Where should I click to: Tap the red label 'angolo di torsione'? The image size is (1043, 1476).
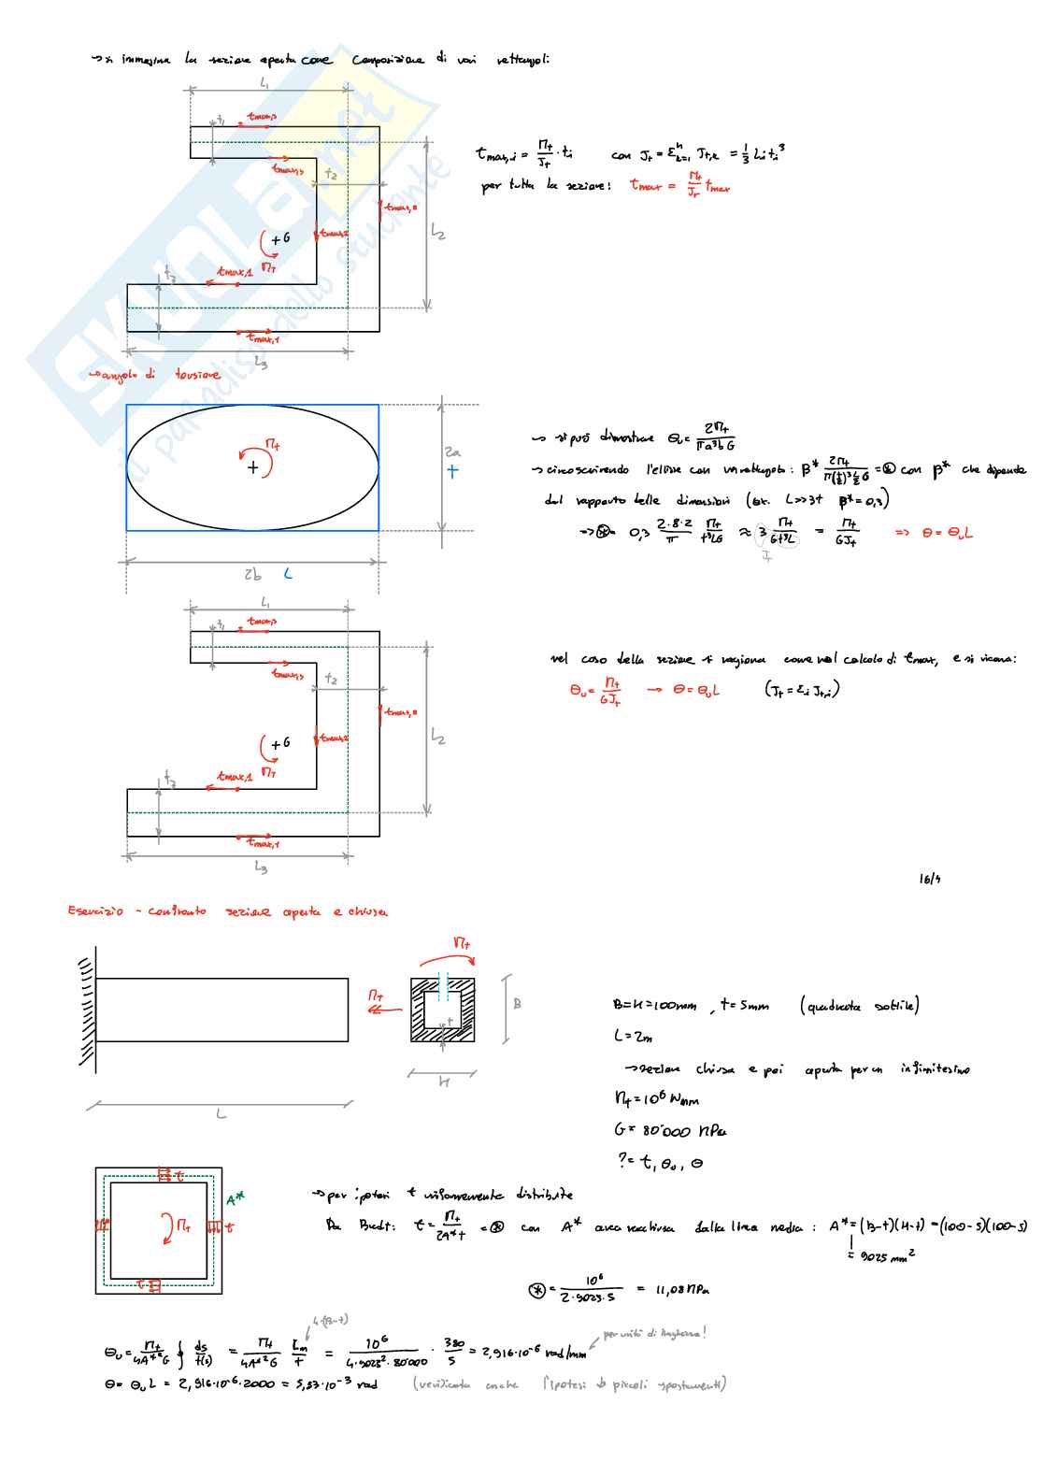[x=154, y=375]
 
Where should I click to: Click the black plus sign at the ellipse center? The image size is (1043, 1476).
[x=252, y=467]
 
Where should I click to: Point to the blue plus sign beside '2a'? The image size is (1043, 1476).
[x=452, y=471]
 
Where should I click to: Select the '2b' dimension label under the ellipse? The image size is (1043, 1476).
[x=252, y=575]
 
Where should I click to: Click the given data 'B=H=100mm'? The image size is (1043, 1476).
[x=654, y=1006]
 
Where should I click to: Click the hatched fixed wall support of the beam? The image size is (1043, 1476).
[x=87, y=1009]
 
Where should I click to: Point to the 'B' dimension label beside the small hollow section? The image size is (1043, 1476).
[x=517, y=1004]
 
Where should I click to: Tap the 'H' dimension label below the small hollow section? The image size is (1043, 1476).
[x=444, y=1082]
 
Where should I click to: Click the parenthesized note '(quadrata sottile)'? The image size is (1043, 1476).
[x=859, y=1006]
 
